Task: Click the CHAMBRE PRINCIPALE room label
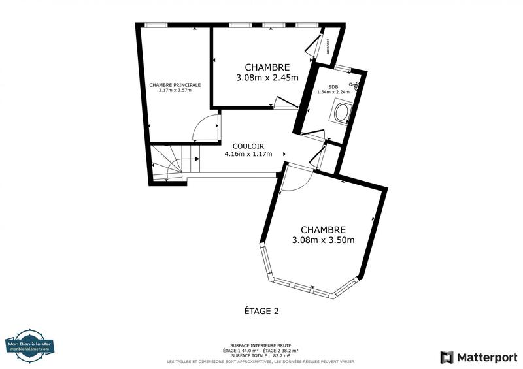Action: (175, 85)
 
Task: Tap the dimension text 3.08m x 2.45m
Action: (267, 78)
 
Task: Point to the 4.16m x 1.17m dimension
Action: (248, 155)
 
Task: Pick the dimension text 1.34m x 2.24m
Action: (333, 92)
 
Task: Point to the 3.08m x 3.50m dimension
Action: (323, 240)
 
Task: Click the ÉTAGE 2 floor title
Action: (257, 312)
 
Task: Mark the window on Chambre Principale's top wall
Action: (157, 25)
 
